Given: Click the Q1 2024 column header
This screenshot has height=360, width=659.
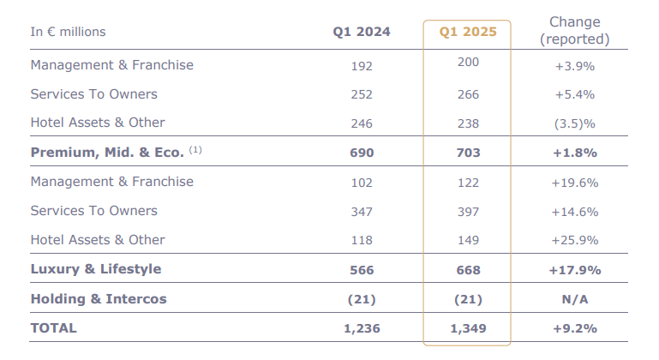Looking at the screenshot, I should click(362, 32).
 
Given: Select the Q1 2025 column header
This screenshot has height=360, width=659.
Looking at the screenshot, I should click(467, 32).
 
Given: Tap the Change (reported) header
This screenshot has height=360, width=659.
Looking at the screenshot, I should click(575, 30).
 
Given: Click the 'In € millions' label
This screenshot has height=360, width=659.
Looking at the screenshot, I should click(69, 32).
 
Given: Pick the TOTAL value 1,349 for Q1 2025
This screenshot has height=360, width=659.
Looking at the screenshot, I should click(467, 328).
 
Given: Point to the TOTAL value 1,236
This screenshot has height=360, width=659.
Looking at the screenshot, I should click(362, 328).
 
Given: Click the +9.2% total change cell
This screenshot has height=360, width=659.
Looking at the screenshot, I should click(575, 328).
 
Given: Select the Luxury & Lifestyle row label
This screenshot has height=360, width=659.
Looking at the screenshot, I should click(96, 269).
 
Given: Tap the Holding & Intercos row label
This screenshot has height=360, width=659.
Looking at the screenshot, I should click(99, 299).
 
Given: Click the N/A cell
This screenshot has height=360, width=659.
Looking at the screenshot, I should click(575, 299).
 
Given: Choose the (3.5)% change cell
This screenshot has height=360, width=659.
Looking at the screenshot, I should click(575, 123).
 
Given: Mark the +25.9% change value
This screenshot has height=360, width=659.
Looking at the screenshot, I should click(575, 241).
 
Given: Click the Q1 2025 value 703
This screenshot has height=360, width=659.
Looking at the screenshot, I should click(468, 153).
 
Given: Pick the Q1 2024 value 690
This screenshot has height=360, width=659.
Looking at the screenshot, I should click(362, 153).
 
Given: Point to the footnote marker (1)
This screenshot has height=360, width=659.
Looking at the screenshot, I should click(195, 151).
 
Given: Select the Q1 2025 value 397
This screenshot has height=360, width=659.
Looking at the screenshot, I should click(468, 212).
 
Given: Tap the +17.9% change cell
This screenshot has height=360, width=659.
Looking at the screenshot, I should click(575, 270).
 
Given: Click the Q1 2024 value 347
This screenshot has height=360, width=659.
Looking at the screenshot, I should click(362, 212).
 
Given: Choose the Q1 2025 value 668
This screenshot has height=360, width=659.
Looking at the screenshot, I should click(468, 270).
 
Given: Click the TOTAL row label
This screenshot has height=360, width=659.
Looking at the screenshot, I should click(53, 328).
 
